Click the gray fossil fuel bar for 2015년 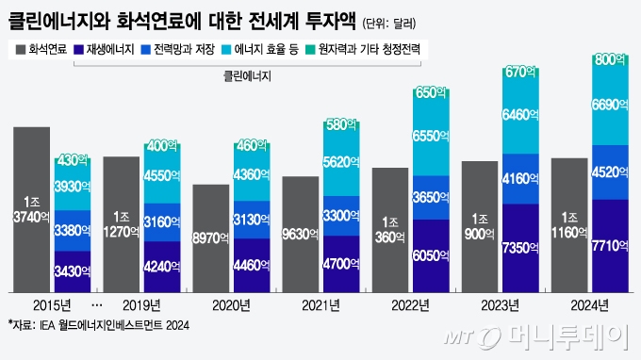click(x=31, y=207)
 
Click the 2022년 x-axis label click(x=411, y=304)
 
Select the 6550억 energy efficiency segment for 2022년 click(x=431, y=137)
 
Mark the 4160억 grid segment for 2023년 click(x=520, y=177)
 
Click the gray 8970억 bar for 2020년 click(x=210, y=237)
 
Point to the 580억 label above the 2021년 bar click(x=341, y=125)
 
